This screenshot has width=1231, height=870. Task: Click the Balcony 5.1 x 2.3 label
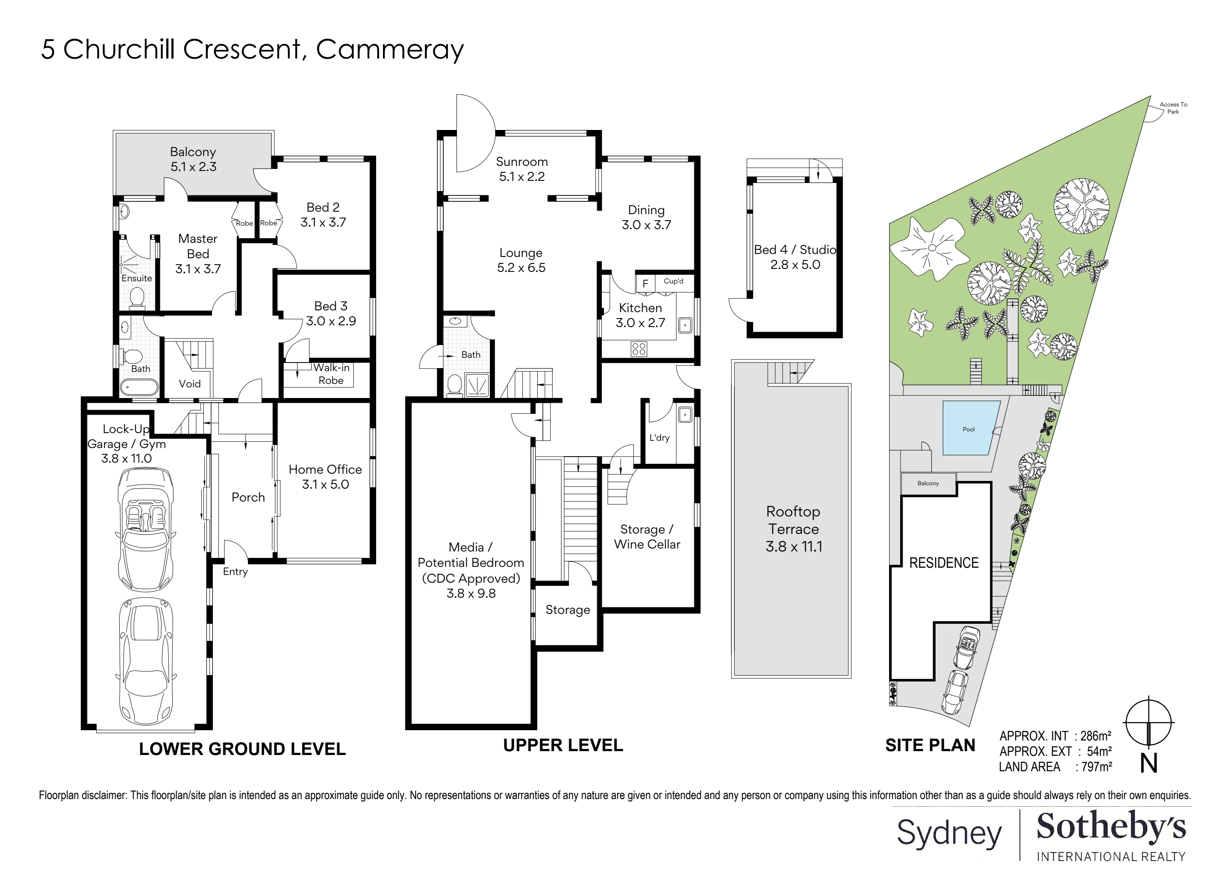tap(193, 159)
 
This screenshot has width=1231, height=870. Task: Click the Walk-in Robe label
tap(331, 374)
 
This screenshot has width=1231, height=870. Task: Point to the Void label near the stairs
tap(190, 383)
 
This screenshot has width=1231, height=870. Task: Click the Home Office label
tap(325, 469)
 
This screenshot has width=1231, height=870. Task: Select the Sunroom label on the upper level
tap(521, 162)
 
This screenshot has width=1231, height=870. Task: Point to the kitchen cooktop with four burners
tap(639, 349)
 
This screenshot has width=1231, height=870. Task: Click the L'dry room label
tap(660, 438)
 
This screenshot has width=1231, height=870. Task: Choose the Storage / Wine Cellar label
tap(647, 537)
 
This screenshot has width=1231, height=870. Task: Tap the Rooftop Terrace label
tap(793, 520)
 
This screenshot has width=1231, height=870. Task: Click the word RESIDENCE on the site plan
tap(944, 563)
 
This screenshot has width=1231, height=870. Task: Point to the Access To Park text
tap(1173, 108)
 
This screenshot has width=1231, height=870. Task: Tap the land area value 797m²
tap(1096, 767)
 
